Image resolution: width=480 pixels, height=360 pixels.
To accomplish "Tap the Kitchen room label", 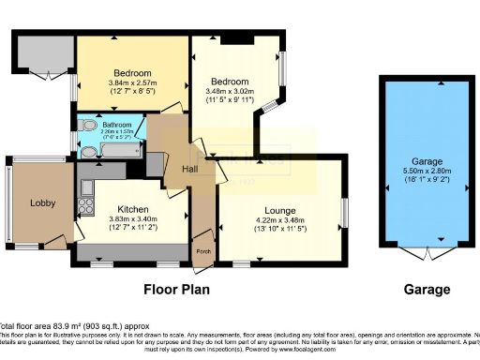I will pos(126,209).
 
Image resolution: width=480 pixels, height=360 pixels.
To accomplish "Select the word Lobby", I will pos(43,202).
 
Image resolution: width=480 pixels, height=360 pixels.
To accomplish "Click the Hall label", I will pos(187,168).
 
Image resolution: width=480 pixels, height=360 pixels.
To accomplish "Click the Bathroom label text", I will pos(116,124).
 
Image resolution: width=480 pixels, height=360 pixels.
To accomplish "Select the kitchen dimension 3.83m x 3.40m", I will pos(126,220).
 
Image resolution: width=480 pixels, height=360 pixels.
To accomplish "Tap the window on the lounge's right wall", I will pos(343,211).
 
